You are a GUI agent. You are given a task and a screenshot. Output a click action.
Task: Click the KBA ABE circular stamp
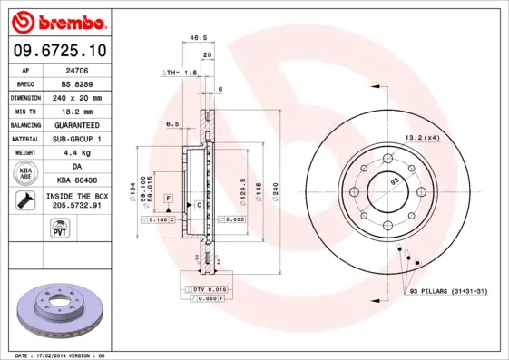[25, 172]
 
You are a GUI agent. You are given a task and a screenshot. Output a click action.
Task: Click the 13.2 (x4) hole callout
[421, 137]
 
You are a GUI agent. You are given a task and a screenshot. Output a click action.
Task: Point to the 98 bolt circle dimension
[395, 181]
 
